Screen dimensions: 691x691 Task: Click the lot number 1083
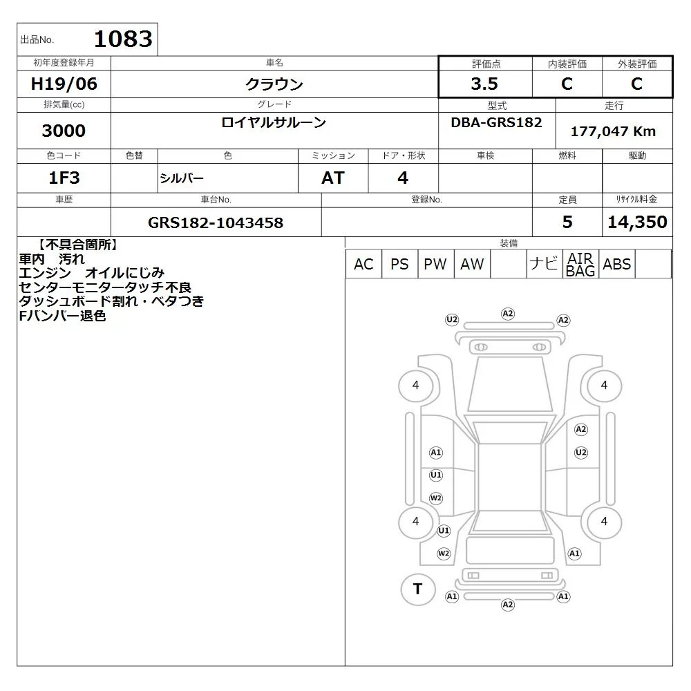click(x=123, y=39)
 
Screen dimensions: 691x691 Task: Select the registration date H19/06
click(x=64, y=84)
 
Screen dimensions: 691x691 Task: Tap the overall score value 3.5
click(x=484, y=84)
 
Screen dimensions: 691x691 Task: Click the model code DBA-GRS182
click(x=496, y=122)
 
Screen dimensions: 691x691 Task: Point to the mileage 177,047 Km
click(x=613, y=131)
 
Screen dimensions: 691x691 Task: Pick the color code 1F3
click(x=64, y=178)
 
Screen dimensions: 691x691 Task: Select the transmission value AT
click(x=333, y=178)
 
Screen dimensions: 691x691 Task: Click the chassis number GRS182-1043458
click(x=216, y=223)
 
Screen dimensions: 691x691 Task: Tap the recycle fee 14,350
click(x=637, y=222)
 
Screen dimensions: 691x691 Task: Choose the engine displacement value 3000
click(x=64, y=131)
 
